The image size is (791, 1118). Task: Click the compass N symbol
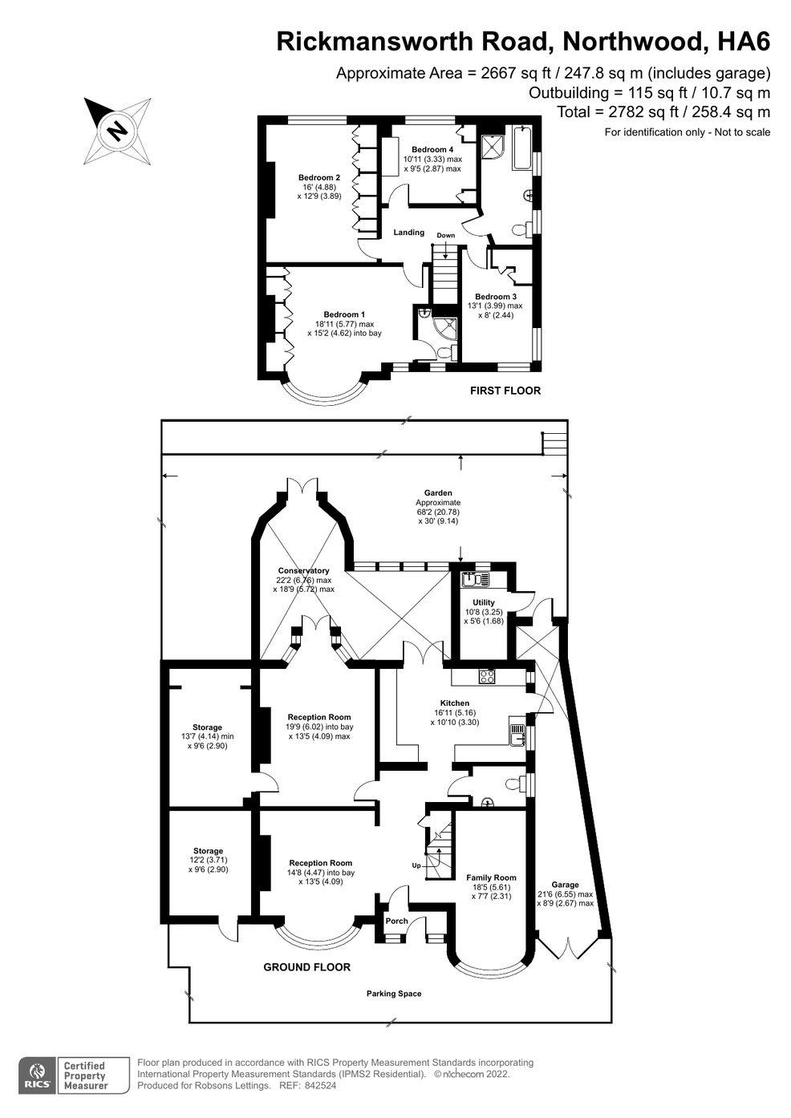tap(118, 131)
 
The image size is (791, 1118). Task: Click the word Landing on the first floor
tap(409, 232)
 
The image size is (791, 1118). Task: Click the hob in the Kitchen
tap(488, 676)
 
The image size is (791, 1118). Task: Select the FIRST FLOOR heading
tap(505, 391)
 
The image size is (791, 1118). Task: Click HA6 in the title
tap(744, 42)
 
